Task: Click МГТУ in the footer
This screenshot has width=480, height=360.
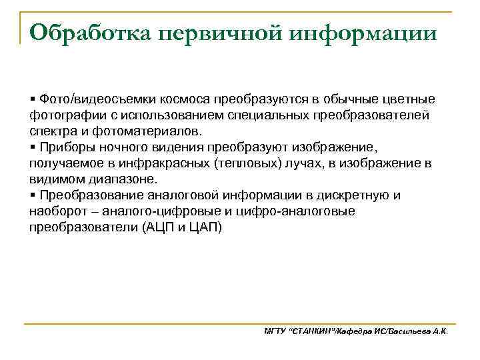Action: click(x=275, y=331)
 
